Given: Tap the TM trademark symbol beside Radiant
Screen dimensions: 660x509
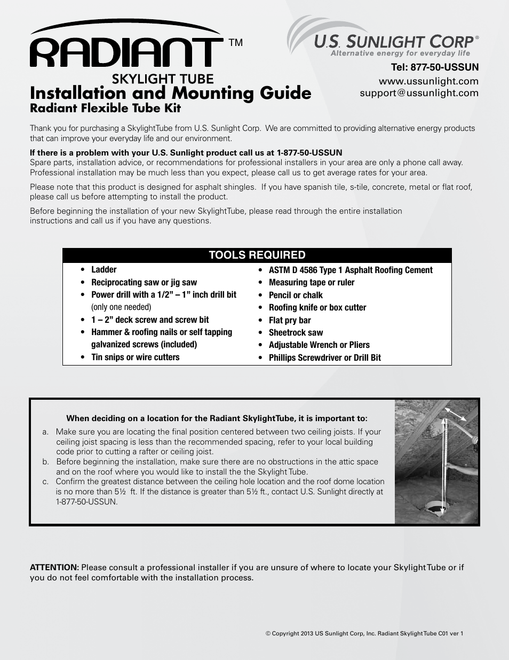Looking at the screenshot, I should [235, 43].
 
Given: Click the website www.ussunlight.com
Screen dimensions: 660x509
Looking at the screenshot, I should [428, 81].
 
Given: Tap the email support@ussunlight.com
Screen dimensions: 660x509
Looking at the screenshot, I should [419, 93].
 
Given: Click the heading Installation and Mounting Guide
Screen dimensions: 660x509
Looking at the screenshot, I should [170, 93].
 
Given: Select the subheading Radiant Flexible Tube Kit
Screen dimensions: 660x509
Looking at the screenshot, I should [105, 108].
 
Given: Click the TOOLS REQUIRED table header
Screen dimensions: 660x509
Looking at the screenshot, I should [257, 255].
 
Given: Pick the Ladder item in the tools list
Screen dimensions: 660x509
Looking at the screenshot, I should [104, 270].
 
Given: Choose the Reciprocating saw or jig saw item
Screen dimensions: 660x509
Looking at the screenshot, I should [144, 283].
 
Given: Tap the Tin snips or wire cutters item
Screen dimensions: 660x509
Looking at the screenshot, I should [135, 358].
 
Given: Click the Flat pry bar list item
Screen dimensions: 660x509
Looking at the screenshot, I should [290, 320].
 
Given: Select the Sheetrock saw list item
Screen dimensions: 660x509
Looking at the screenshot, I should [296, 332].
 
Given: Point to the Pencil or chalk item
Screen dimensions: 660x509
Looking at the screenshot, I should [296, 295].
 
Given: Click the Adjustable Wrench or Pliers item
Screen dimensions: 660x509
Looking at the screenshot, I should [319, 345].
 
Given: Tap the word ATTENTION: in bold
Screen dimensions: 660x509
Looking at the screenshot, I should [54, 568].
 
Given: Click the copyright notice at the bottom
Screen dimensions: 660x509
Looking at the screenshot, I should [364, 634].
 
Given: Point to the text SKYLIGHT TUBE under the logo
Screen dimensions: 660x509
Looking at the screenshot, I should [163, 79].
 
